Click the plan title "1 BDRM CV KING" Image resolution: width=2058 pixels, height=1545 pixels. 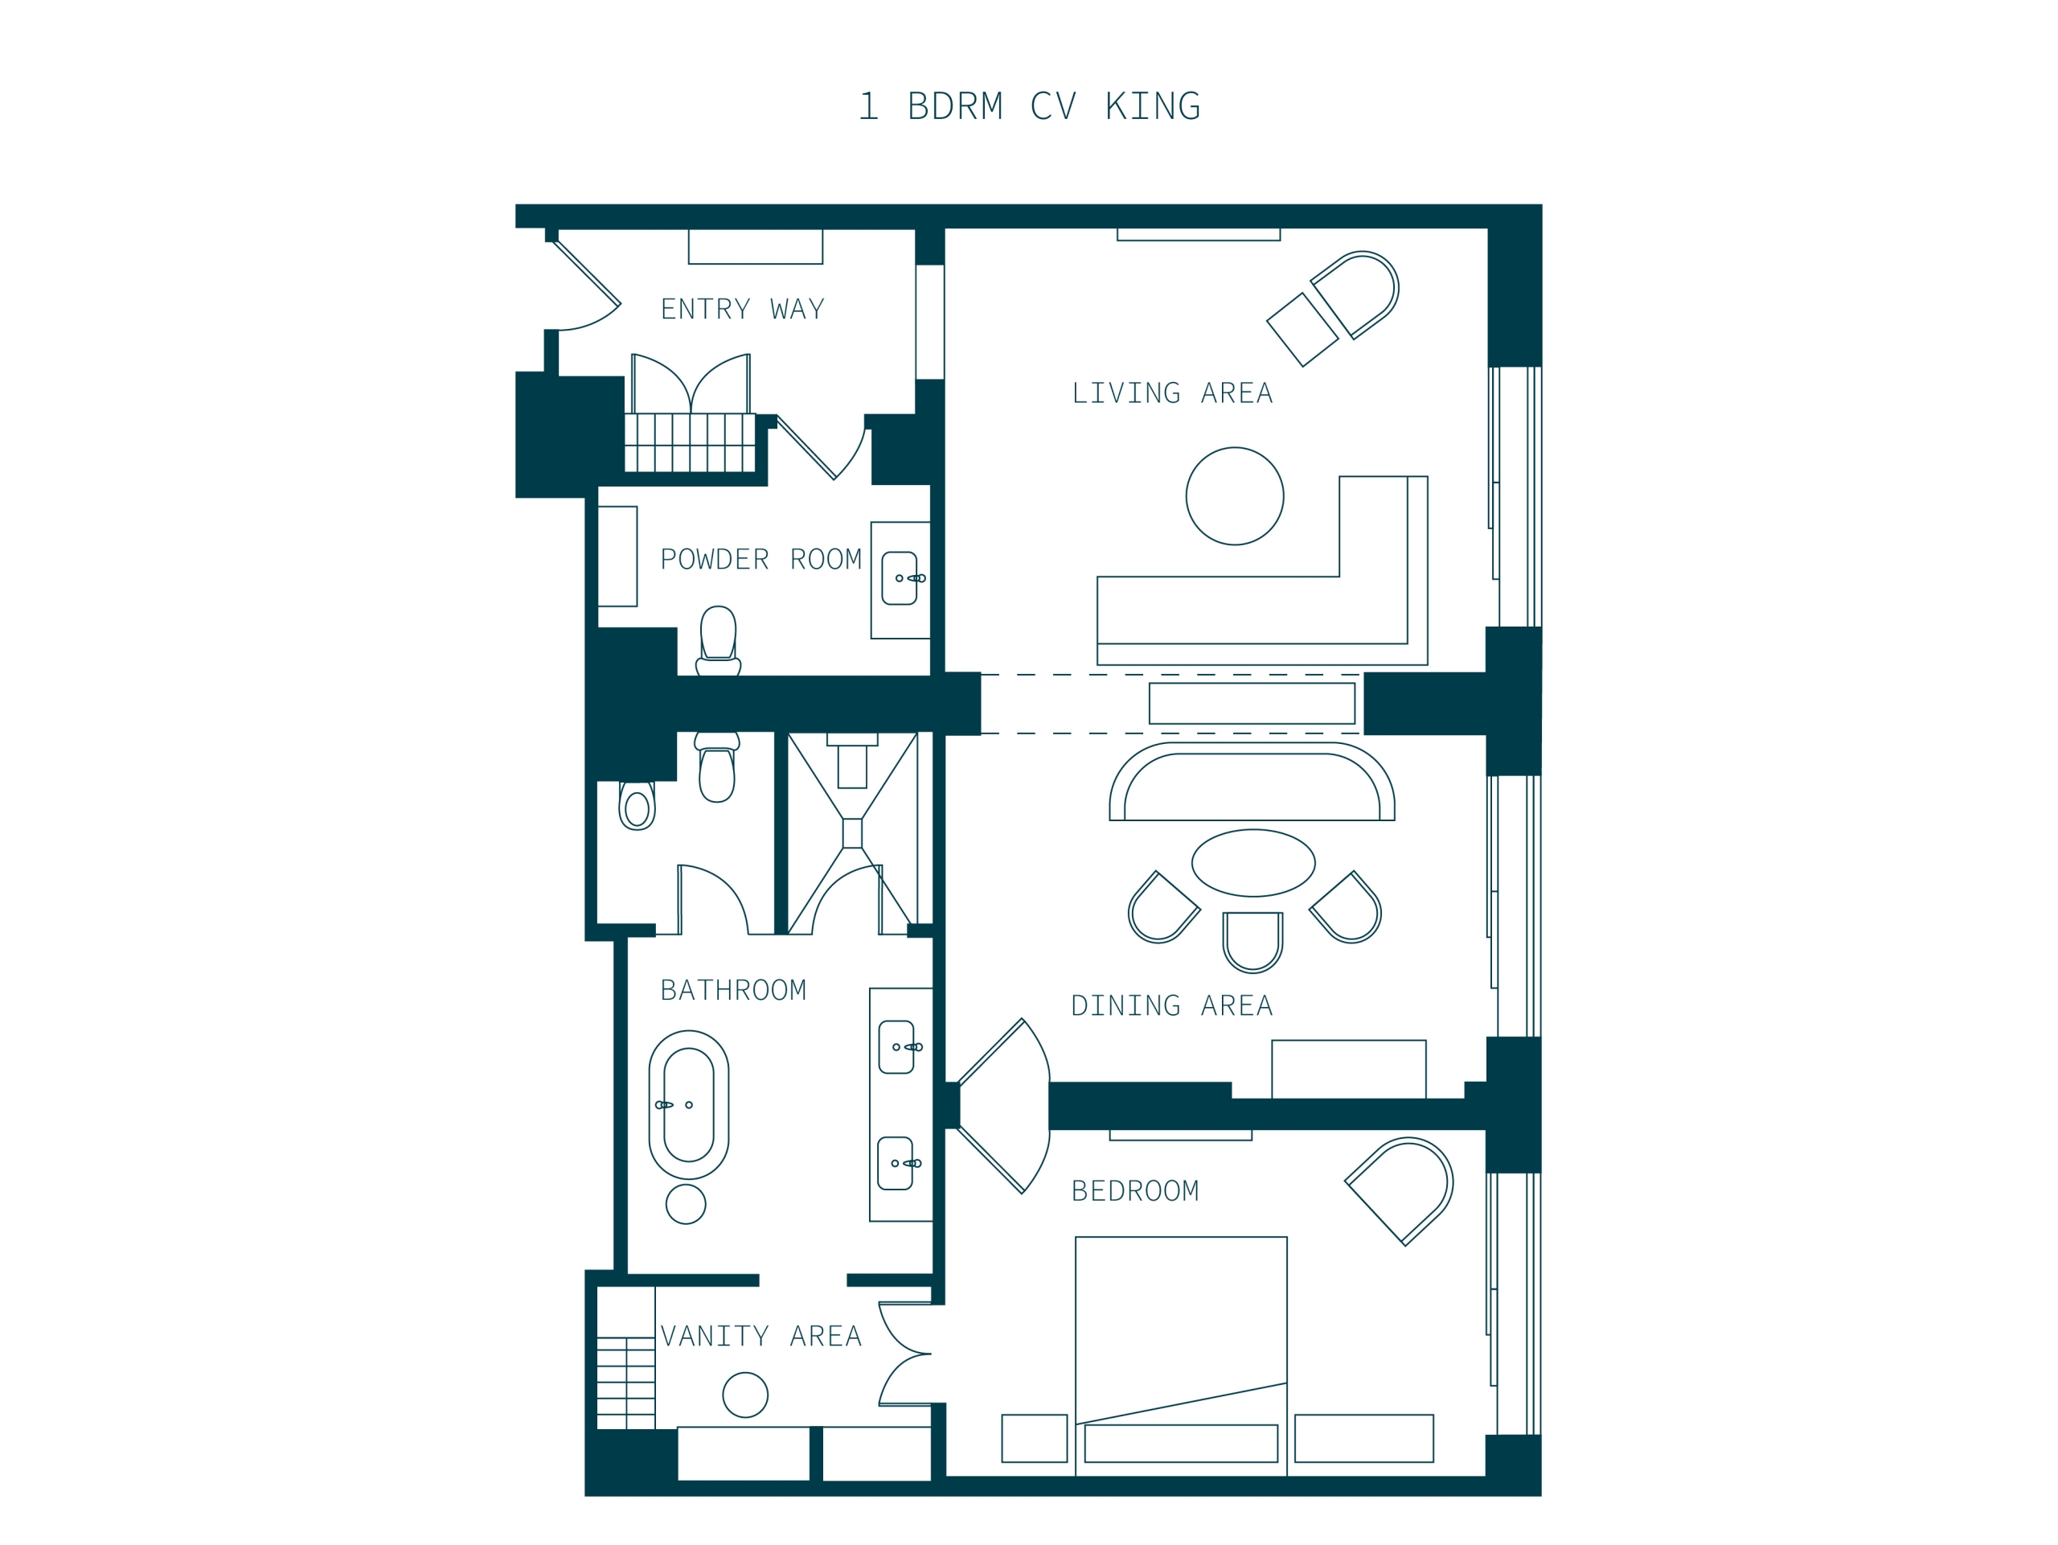click(x=1029, y=106)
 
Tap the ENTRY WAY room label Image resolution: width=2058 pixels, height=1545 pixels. click(x=743, y=309)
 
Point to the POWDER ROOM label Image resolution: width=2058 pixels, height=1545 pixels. click(x=761, y=559)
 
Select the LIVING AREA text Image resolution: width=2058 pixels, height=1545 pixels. click(x=1172, y=392)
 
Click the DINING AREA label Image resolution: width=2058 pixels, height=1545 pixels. click(x=1172, y=1005)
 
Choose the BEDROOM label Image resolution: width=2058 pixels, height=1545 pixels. click(x=1135, y=1190)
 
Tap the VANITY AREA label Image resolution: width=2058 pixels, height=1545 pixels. click(x=761, y=1336)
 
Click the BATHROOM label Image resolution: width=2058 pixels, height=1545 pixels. click(x=733, y=989)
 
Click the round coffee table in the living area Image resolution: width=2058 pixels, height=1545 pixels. click(x=1235, y=496)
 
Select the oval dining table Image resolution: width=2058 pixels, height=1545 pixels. click(x=1253, y=863)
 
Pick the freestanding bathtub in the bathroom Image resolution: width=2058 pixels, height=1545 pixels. click(x=688, y=1105)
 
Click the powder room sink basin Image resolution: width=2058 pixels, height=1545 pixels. click(x=900, y=578)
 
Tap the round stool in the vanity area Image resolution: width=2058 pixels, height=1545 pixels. click(x=745, y=1395)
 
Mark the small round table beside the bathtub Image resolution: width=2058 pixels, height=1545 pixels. click(x=686, y=1203)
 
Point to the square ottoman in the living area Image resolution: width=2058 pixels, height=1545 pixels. click(x=1302, y=330)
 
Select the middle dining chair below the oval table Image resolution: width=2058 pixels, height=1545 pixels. click(x=1252, y=942)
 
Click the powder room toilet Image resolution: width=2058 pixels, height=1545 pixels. click(x=718, y=640)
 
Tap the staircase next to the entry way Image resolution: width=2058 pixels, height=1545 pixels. click(x=690, y=443)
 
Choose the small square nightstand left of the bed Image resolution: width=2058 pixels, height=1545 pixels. click(x=1035, y=1438)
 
